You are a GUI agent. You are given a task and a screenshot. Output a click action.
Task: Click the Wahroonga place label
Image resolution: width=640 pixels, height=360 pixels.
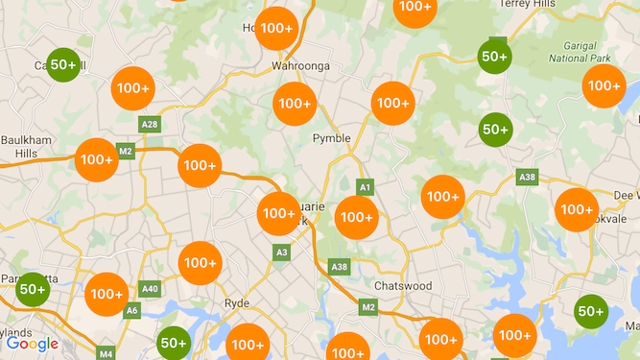[301, 65]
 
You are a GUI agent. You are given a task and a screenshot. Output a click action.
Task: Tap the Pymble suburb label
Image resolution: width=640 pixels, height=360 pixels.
[332, 138]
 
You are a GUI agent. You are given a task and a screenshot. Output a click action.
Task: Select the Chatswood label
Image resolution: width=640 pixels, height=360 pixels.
[403, 286]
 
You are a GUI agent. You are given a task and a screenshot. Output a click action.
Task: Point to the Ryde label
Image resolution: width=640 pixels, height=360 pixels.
[236, 303]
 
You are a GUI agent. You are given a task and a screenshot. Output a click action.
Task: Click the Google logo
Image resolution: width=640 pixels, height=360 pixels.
[33, 344]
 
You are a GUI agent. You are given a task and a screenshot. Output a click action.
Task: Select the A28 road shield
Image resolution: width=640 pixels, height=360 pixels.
[150, 125]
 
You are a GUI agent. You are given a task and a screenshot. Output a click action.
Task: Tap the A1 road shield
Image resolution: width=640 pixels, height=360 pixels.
[365, 186]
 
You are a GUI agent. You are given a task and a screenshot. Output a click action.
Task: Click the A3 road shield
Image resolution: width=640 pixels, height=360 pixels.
[281, 252]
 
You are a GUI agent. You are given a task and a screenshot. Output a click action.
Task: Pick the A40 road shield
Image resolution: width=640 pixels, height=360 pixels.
[150, 288]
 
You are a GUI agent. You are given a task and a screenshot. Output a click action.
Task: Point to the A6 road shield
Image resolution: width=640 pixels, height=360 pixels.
[132, 309]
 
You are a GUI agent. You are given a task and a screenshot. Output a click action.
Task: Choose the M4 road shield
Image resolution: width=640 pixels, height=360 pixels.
[106, 353]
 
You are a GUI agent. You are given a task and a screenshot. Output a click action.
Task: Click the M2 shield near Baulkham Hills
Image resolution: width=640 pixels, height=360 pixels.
[126, 151]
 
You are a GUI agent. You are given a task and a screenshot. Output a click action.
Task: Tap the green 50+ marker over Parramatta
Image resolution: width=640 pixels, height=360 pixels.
[32, 289]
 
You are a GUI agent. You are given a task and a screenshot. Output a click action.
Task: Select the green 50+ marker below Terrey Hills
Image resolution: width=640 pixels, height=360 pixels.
[494, 57]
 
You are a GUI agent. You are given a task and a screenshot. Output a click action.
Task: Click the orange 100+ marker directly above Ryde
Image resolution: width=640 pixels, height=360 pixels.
[200, 262]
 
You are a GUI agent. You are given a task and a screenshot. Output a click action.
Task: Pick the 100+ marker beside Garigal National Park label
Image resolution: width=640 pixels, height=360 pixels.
[604, 86]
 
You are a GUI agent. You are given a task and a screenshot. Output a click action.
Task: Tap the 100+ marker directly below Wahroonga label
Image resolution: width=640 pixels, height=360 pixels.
[295, 104]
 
